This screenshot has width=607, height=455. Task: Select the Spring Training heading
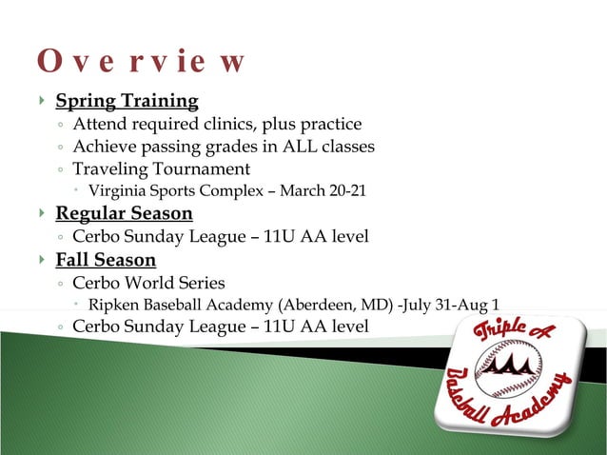coord(127,101)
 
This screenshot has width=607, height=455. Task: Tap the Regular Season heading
coord(124,213)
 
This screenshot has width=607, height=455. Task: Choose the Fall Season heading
coord(106,260)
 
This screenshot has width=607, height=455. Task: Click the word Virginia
coord(117,191)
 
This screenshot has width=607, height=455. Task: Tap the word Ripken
coord(112,305)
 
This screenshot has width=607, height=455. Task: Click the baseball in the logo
coord(508,367)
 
